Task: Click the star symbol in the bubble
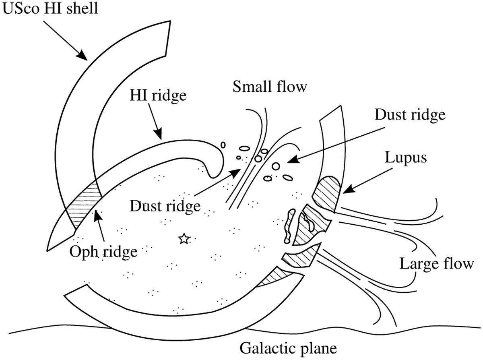point(184,239)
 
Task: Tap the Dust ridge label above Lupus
point(410,115)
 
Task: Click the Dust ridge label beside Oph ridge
point(165,207)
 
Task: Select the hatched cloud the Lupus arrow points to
point(328,192)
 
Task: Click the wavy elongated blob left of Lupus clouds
point(289,227)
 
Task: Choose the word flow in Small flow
point(292,87)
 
